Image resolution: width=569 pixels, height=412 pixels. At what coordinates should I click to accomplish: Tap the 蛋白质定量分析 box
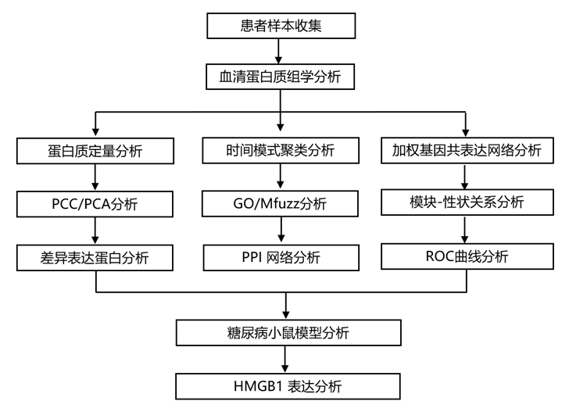coord(95,151)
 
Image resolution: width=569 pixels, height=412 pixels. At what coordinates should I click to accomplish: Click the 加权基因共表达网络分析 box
coord(467,151)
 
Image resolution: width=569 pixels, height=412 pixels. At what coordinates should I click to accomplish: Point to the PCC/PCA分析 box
coord(95,204)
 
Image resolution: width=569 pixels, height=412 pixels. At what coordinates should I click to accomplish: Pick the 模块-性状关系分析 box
coord(467,202)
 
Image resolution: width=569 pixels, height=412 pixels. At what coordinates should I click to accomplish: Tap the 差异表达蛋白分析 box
coord(95,257)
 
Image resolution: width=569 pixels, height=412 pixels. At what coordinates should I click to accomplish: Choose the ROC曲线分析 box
coord(467,256)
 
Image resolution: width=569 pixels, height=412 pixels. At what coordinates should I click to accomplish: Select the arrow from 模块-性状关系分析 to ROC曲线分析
coord(467,229)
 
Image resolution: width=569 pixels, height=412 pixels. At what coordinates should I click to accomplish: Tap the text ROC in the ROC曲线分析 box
coord(438,256)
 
